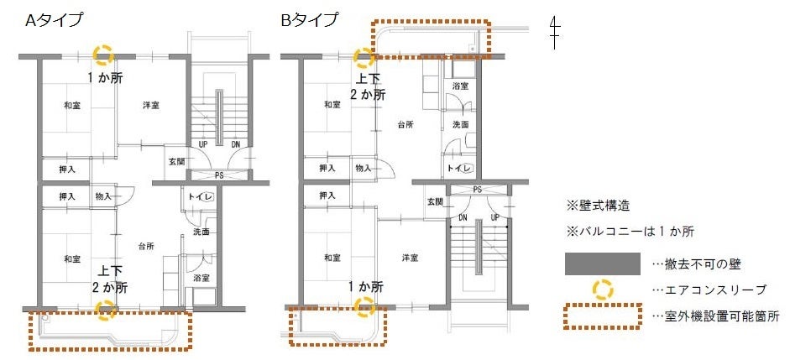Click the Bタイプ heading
[311, 19]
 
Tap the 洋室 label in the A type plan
[151, 105]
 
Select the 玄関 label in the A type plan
[176, 161]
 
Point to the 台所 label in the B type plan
[405, 124]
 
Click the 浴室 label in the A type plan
[201, 277]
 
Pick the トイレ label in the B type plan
[459, 168]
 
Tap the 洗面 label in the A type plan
[201, 232]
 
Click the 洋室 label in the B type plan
[410, 257]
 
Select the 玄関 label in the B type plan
[435, 201]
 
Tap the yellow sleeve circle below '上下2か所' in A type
[106, 310]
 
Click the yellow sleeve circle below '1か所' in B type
[364, 306]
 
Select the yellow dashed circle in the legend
[604, 290]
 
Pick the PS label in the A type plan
[217, 175]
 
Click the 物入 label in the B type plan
[363, 168]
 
